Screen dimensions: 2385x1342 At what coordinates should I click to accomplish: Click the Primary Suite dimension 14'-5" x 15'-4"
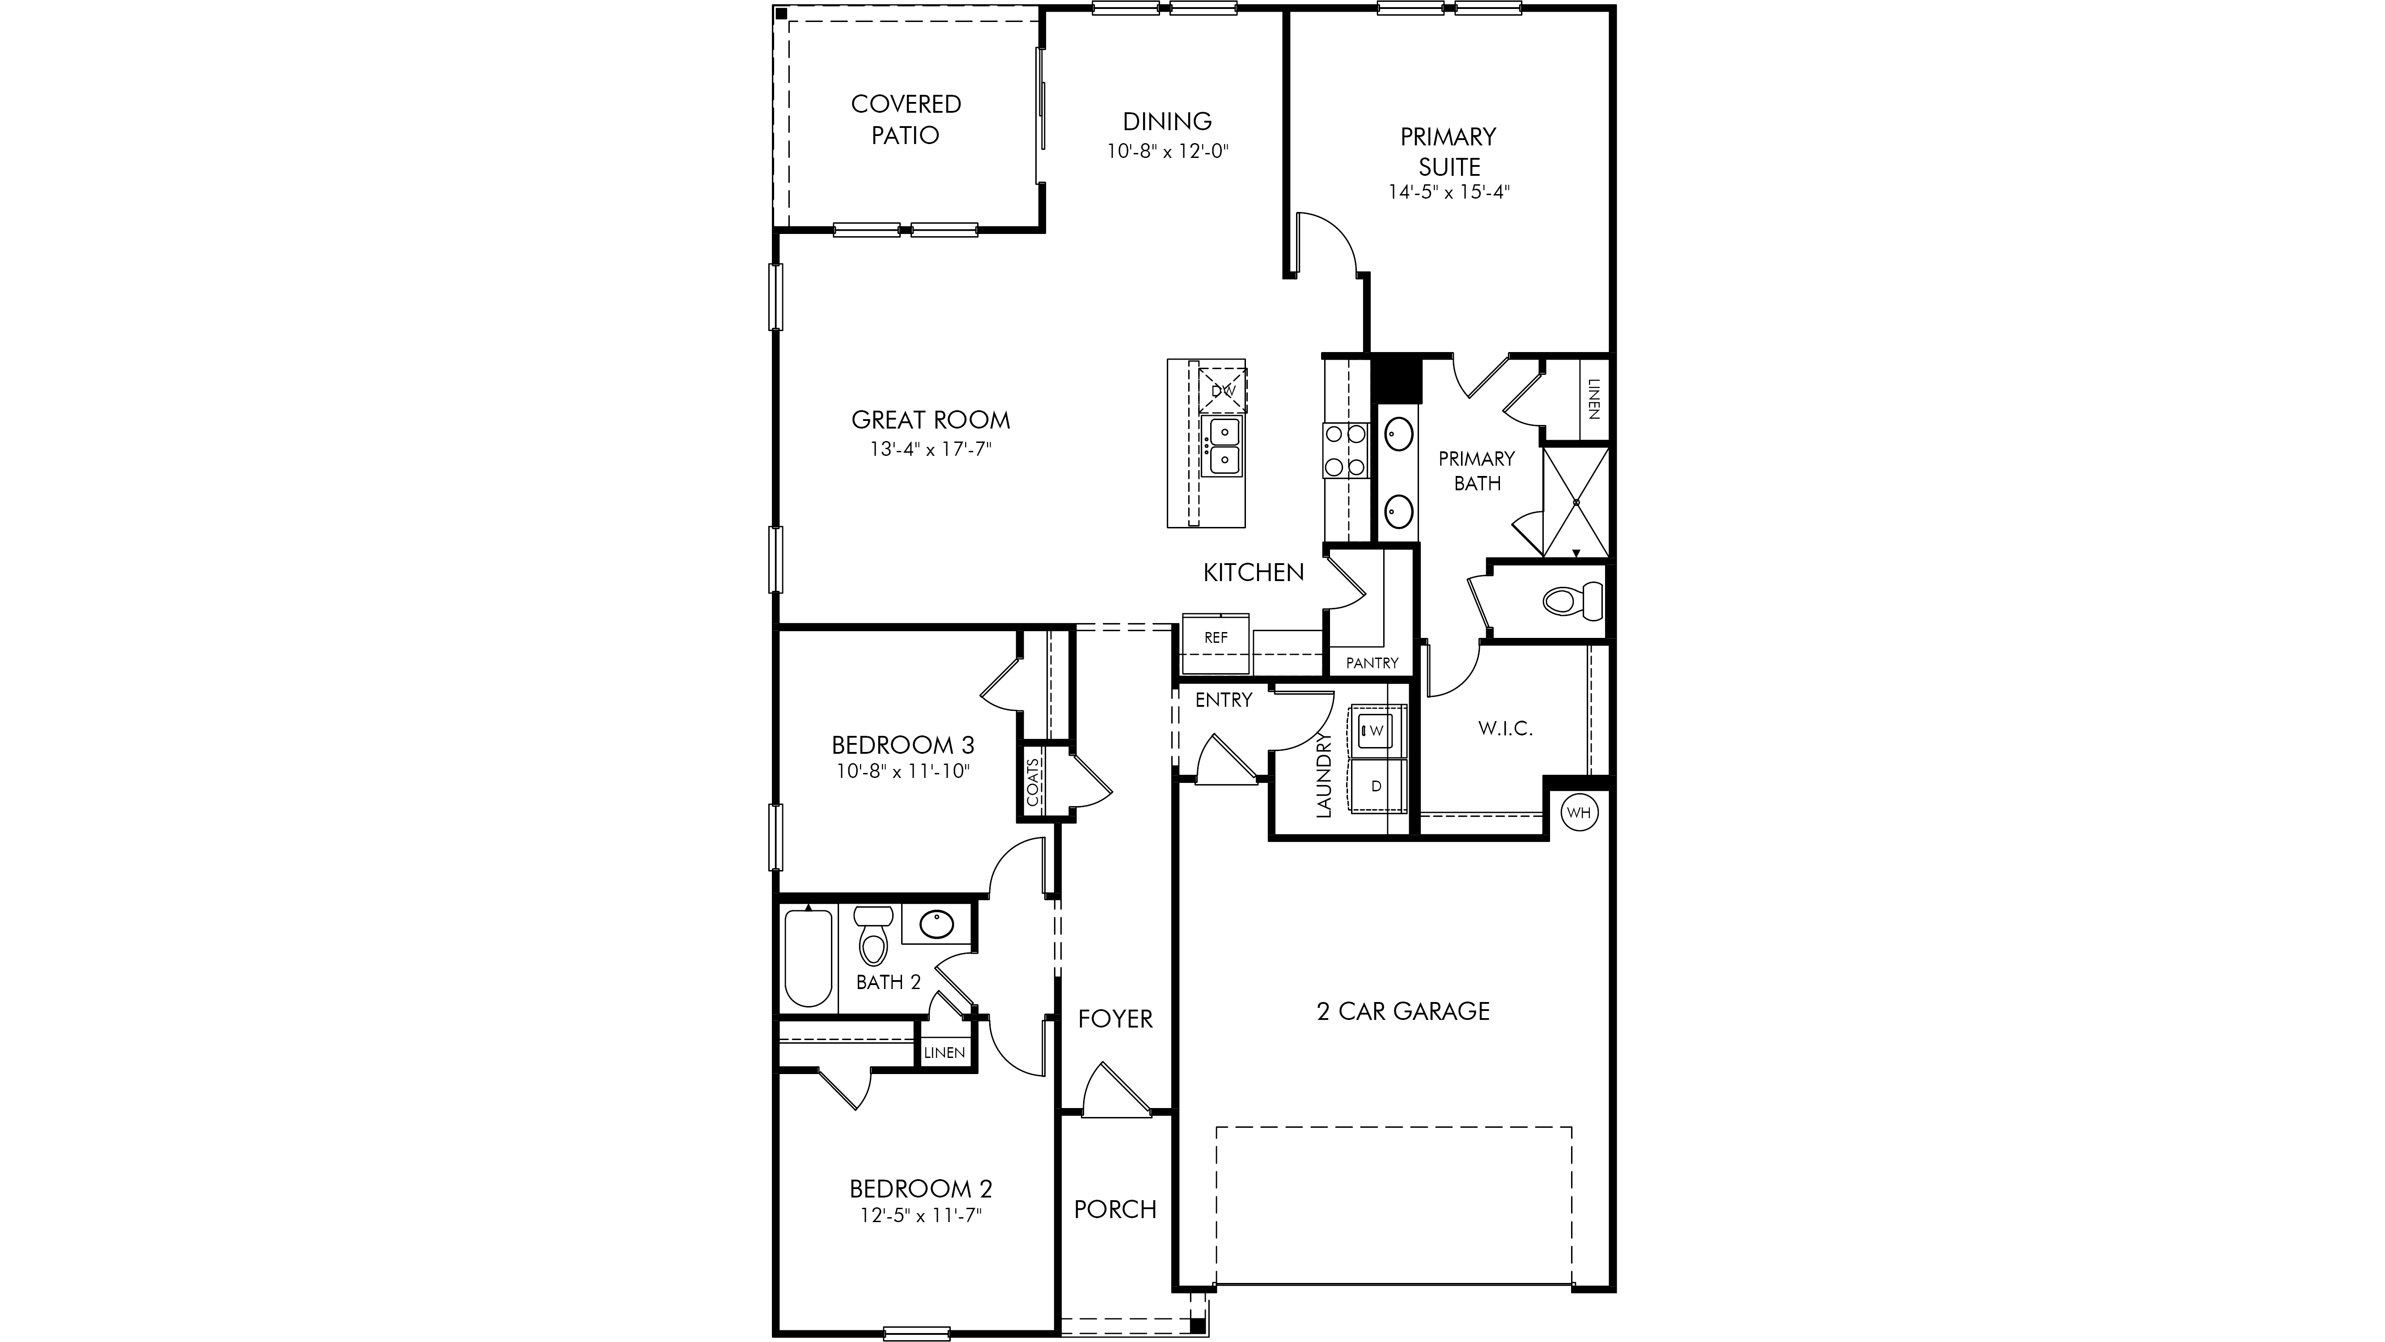(x=1449, y=193)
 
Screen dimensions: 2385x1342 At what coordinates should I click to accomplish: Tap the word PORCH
(x=1116, y=1210)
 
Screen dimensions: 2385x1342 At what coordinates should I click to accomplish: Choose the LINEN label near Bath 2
(x=945, y=1053)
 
